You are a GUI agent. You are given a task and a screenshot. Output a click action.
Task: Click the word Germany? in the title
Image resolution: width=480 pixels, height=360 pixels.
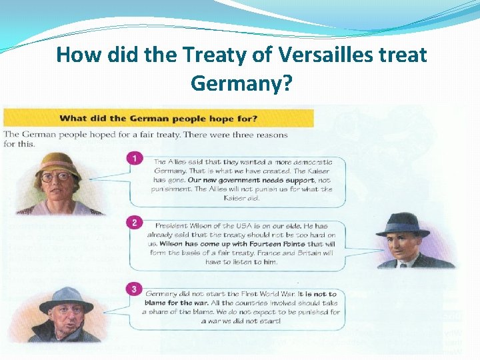coord(241,83)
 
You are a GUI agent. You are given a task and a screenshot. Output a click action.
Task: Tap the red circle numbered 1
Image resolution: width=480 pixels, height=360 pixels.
coord(135,159)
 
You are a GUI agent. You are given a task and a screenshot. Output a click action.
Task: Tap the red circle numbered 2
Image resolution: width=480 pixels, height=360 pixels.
coord(135,222)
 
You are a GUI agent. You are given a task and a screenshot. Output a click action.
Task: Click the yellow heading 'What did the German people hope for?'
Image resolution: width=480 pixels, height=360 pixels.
coord(159,119)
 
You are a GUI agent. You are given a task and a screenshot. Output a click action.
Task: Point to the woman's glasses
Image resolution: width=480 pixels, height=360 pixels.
coord(59,177)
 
